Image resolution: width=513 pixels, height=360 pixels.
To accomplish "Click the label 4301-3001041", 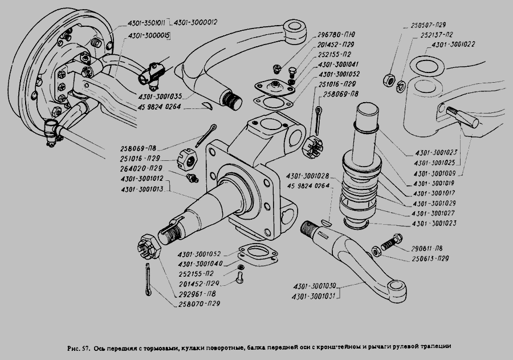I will (x=339, y=64).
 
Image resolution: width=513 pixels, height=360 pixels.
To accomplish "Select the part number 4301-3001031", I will (x=315, y=296).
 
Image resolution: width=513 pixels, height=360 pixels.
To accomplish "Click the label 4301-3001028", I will (x=308, y=176).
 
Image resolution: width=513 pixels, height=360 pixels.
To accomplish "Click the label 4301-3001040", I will (x=199, y=264).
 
